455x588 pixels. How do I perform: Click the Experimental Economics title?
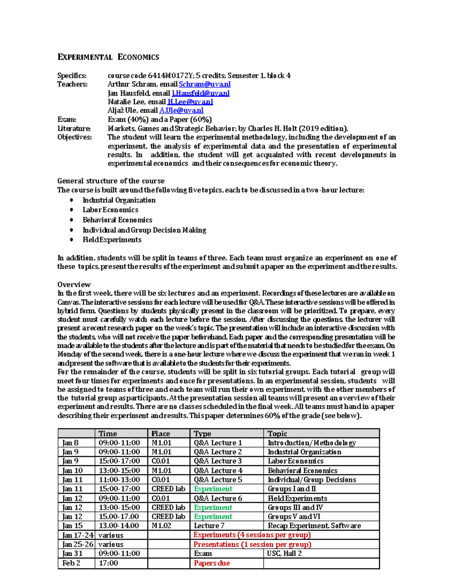pyautogui.click(x=108, y=57)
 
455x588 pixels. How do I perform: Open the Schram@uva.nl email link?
pyautogui.click(x=204, y=84)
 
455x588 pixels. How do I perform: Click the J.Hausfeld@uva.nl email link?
pyautogui.click(x=201, y=93)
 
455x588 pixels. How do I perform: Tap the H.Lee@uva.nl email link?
pyautogui.click(x=190, y=102)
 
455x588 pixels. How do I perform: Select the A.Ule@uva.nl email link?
pyautogui.click(x=181, y=111)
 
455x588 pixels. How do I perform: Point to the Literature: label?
pyautogui.click(x=74, y=128)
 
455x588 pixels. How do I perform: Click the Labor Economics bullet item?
pyautogui.click(x=110, y=210)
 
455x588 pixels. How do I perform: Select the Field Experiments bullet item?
pyautogui.click(x=112, y=240)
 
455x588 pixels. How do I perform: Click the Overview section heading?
pyautogui.click(x=74, y=284)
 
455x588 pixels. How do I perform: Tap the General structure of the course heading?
pyautogui.click(x=111, y=181)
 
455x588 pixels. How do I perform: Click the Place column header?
pyautogui.click(x=161, y=434)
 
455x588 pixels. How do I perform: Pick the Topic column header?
pyautogui.click(x=278, y=434)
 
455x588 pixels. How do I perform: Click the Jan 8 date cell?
pyautogui.click(x=71, y=443)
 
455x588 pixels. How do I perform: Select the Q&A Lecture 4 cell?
pyautogui.click(x=218, y=470)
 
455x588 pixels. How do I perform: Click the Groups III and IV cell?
pyautogui.click(x=295, y=507)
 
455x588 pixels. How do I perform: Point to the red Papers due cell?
pyautogui.click(x=212, y=563)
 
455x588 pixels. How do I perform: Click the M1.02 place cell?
pyautogui.click(x=162, y=526)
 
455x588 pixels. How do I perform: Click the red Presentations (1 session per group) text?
pyautogui.click(x=252, y=544)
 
